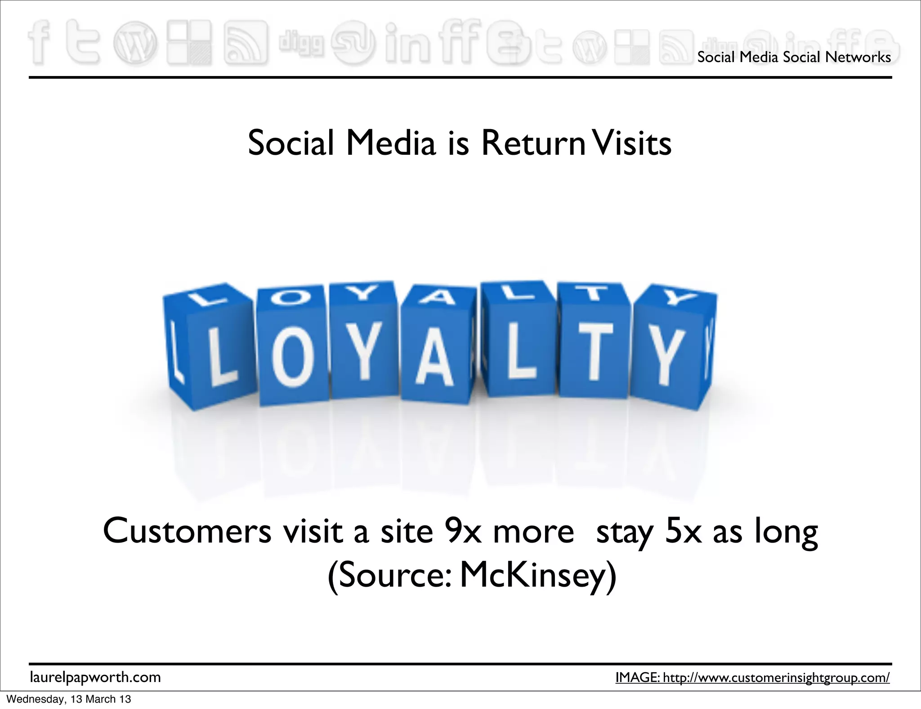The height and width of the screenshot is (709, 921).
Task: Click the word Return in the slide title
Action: [x=533, y=144]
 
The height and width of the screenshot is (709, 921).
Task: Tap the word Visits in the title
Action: [x=631, y=144]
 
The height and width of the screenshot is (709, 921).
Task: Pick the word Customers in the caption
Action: [x=187, y=531]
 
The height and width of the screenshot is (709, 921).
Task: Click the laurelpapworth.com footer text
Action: [x=95, y=677]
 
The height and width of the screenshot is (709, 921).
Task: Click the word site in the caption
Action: [x=407, y=531]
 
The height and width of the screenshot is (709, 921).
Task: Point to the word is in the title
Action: [x=458, y=144]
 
